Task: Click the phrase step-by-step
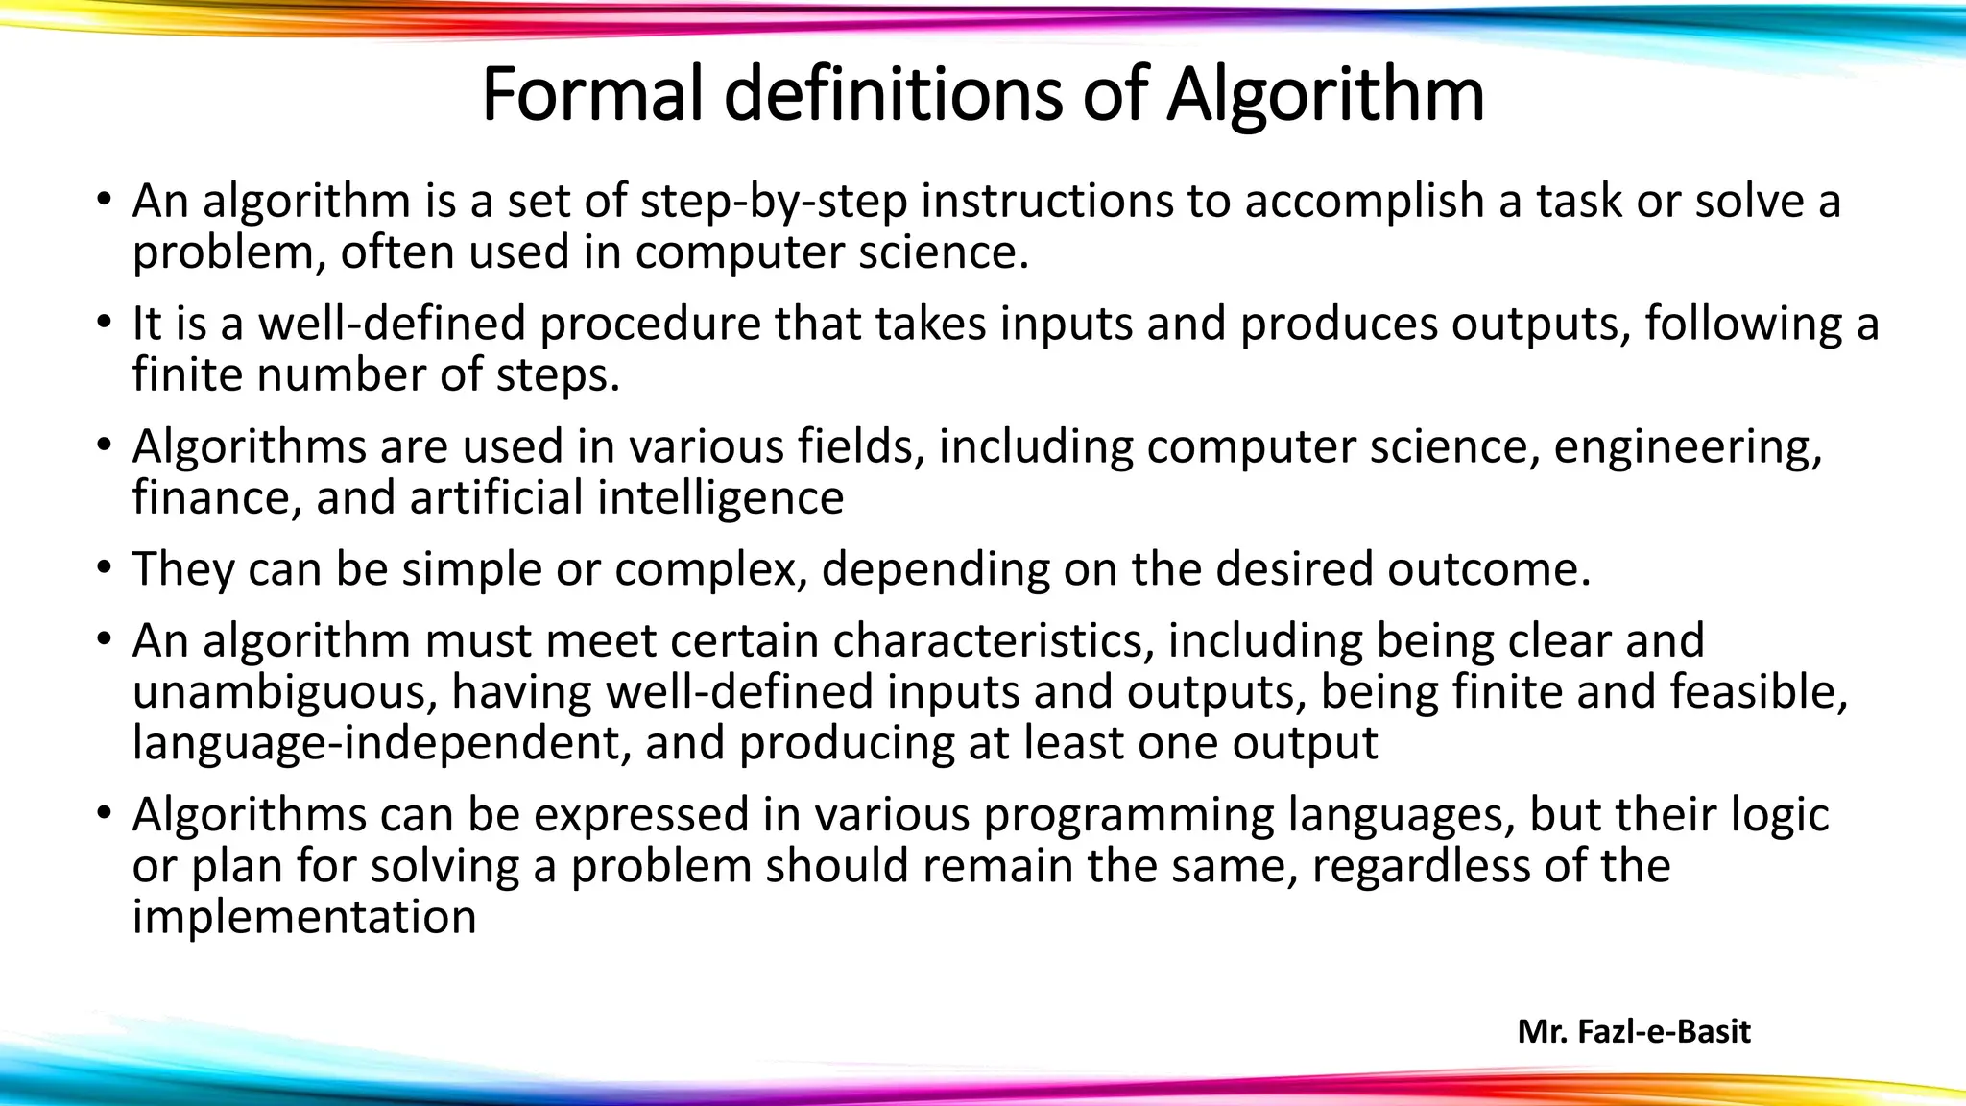click(774, 201)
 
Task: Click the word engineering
click(1687, 446)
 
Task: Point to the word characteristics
click(994, 640)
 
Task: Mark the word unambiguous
click(284, 691)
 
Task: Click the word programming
click(1129, 814)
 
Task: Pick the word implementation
click(304, 917)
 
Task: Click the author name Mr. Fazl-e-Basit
click(1634, 1031)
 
